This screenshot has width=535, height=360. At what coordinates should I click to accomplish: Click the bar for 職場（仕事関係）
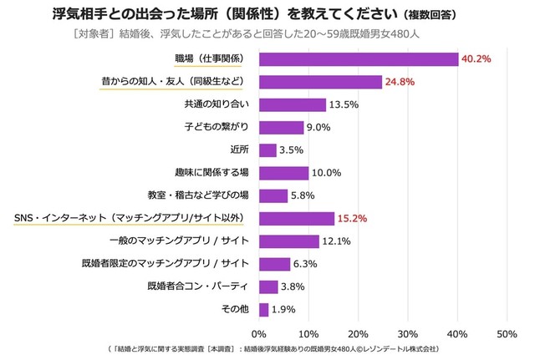[x=359, y=59]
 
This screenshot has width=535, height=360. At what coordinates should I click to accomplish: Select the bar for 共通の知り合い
[x=293, y=104]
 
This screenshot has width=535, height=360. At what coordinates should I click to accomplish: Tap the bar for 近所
[x=267, y=150]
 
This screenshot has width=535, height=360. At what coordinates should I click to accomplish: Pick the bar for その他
[x=264, y=309]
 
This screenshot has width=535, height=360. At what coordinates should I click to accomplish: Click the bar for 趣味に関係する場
[x=284, y=173]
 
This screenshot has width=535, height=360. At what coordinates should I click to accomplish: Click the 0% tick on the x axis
[x=260, y=333]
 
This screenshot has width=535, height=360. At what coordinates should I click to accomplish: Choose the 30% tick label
[x=408, y=333]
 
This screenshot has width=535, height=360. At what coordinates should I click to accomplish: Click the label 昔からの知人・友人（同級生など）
[x=176, y=82]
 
